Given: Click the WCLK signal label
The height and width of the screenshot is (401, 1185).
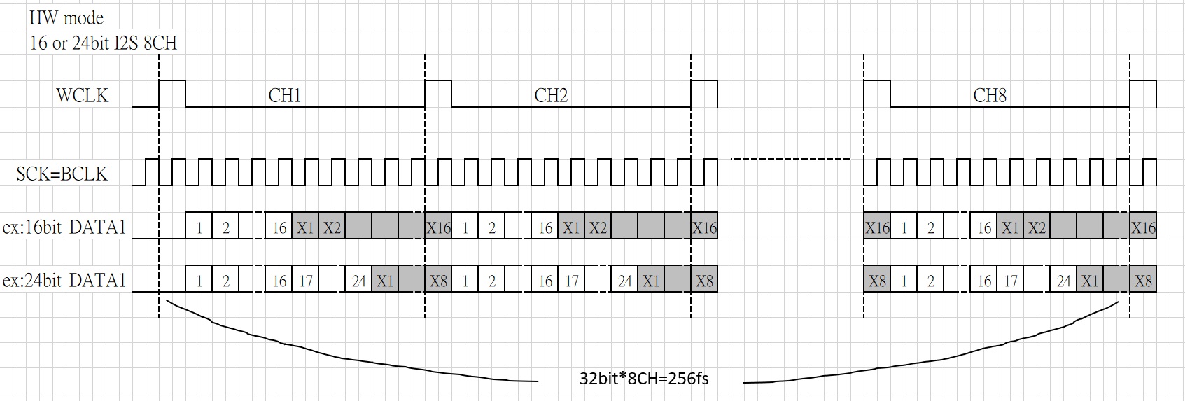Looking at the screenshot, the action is pyautogui.click(x=82, y=96).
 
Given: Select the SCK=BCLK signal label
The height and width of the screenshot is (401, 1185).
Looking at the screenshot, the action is pyautogui.click(x=62, y=174).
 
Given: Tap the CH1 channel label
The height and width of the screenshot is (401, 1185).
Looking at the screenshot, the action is pyautogui.click(x=285, y=96).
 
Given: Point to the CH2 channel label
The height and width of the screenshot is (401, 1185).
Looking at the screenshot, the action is pyautogui.click(x=551, y=96).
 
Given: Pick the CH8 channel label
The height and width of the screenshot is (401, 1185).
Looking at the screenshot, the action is pyautogui.click(x=990, y=96).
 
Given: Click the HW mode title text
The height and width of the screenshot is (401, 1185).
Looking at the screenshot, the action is pyautogui.click(x=66, y=18).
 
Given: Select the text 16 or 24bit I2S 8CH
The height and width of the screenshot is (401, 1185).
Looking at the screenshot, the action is pyautogui.click(x=103, y=43).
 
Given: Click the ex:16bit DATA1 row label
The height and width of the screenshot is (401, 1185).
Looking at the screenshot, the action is pyautogui.click(x=64, y=227).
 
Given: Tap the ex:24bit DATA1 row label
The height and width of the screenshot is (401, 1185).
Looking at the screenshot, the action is pyautogui.click(x=64, y=281).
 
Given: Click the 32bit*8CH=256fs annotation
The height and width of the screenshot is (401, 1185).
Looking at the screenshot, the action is pyautogui.click(x=644, y=379).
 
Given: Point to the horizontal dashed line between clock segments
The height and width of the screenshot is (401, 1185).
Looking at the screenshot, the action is pyautogui.click(x=790, y=159).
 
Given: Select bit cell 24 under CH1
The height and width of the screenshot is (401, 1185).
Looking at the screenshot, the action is pyautogui.click(x=358, y=279).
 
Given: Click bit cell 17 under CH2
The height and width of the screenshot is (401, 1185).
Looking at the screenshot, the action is pyautogui.click(x=572, y=279).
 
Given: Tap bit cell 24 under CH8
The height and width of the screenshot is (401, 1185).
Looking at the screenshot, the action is pyautogui.click(x=1064, y=279).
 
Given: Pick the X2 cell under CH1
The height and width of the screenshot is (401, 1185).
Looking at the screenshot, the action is pyautogui.click(x=332, y=226).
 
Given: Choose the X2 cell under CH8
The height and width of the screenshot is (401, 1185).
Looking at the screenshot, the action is pyautogui.click(x=1037, y=226).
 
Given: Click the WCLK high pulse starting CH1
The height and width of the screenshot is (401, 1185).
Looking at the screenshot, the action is pyautogui.click(x=172, y=81).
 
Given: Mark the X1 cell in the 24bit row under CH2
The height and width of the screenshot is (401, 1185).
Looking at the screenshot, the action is pyautogui.click(x=651, y=279).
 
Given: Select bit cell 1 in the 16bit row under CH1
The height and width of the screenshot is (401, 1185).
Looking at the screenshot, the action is pyautogui.click(x=199, y=226).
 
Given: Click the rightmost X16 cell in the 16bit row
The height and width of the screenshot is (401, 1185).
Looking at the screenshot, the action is pyautogui.click(x=1143, y=226).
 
